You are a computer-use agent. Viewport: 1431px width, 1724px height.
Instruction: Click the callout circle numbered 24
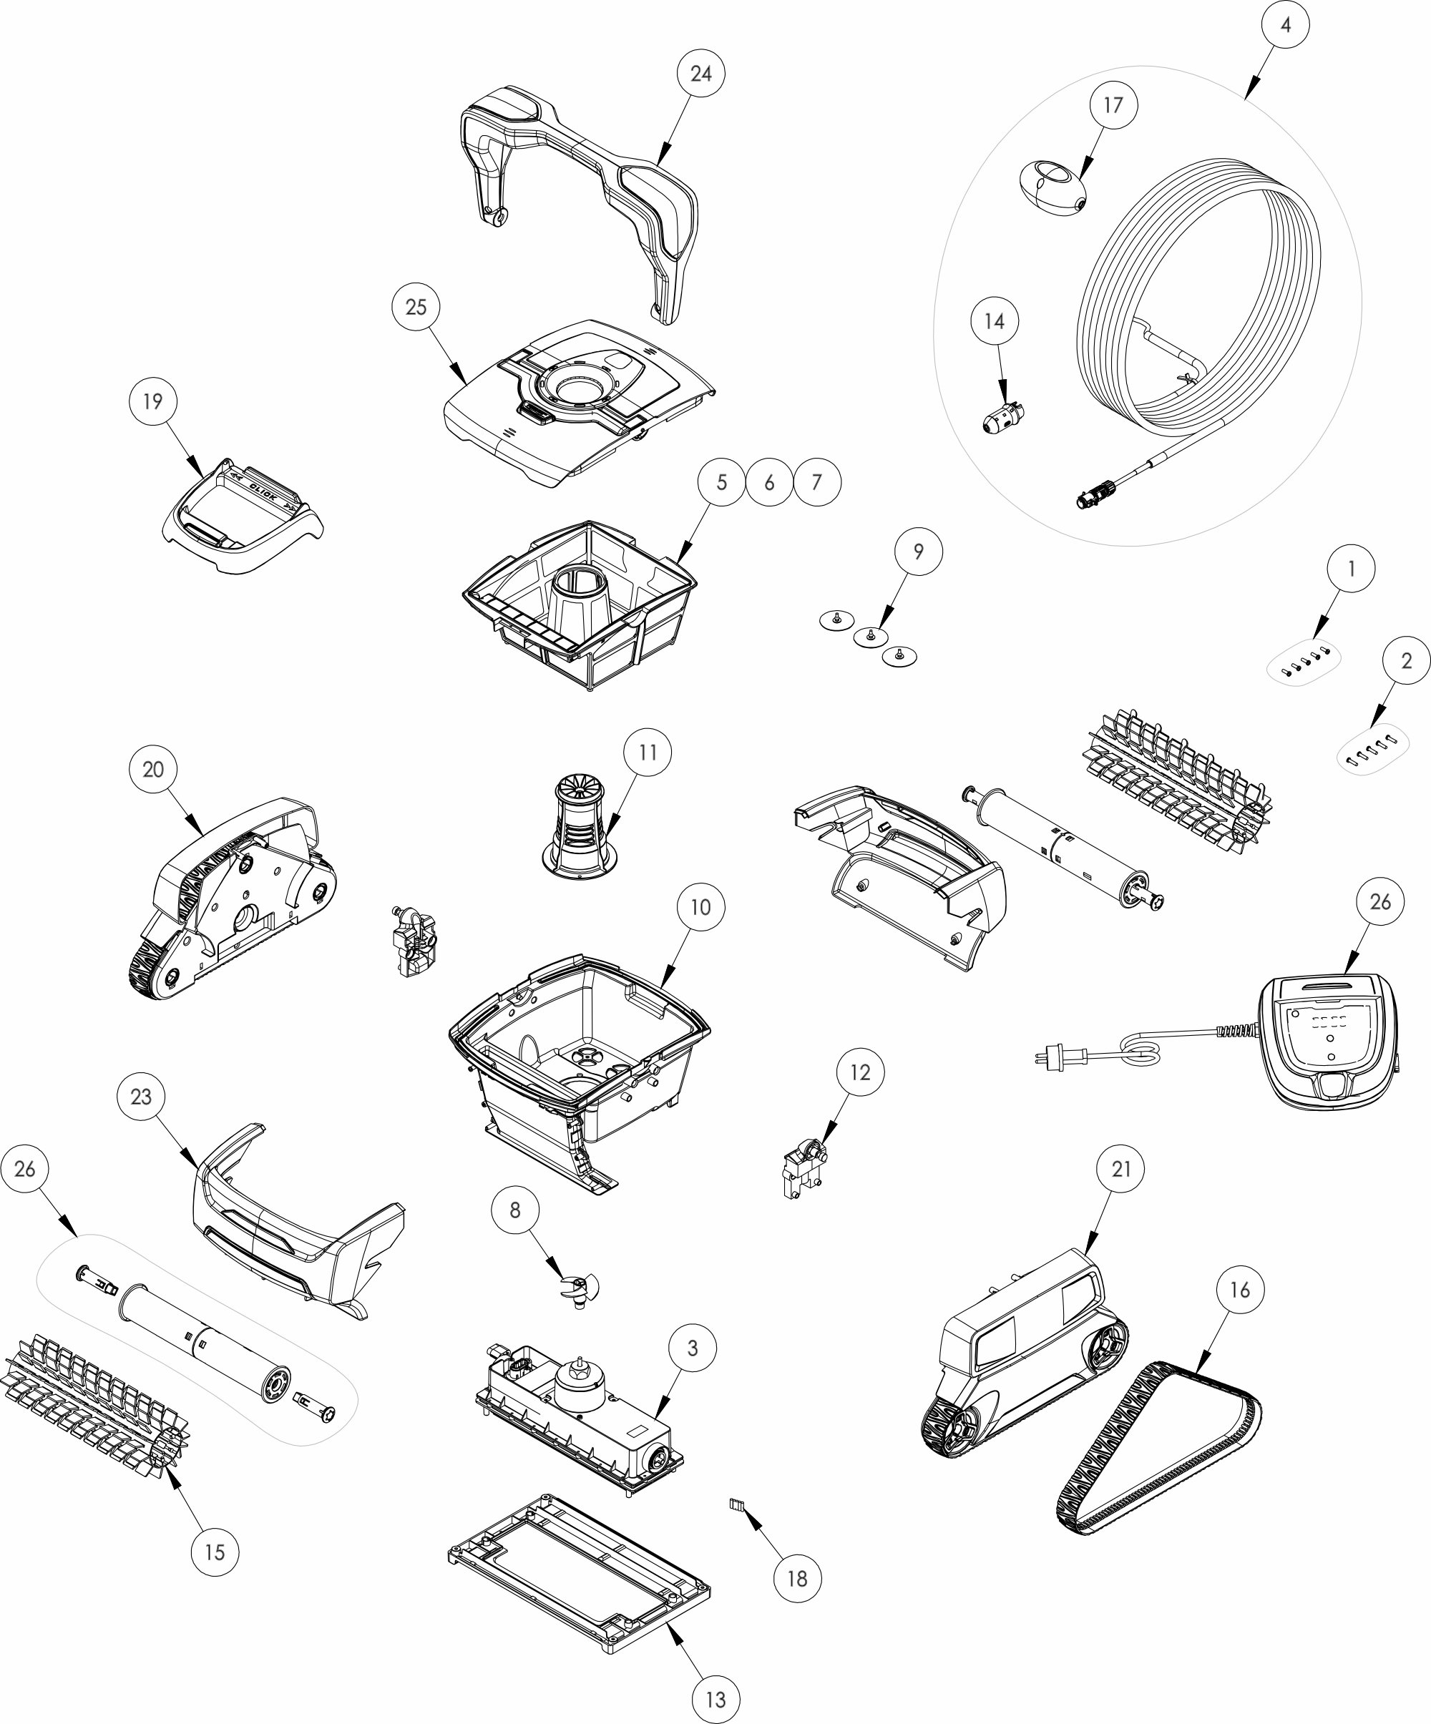point(700,73)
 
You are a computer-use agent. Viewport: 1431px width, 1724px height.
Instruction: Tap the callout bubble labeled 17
point(1113,105)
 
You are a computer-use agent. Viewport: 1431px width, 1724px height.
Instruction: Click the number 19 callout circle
point(152,401)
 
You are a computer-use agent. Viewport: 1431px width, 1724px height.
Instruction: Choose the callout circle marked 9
point(918,552)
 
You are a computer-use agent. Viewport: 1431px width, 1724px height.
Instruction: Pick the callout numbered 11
point(648,752)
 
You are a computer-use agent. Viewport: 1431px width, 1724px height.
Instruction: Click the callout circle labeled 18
point(797,1578)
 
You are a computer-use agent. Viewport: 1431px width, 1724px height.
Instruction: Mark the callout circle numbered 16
point(1239,1290)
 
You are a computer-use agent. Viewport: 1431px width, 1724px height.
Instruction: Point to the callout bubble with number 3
point(692,1348)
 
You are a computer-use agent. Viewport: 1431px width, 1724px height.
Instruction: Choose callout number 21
point(1121,1169)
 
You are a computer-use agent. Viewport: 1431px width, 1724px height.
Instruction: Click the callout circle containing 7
point(816,482)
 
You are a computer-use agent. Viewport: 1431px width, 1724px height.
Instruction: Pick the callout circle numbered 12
point(859,1072)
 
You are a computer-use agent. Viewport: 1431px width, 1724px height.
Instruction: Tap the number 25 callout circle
point(416,306)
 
